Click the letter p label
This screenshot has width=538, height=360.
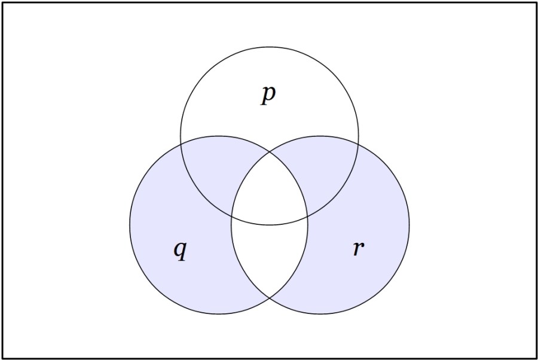tap(268, 95)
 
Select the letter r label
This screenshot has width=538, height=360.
tap(359, 248)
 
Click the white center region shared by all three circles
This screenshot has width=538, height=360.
tap(270, 194)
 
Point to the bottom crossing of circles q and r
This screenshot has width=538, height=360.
tap(270, 298)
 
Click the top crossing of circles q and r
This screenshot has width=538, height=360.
tap(270, 152)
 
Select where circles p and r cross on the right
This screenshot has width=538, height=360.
tap(358, 144)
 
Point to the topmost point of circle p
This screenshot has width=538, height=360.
tap(270, 47)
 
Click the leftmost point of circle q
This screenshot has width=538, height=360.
tap(130, 225)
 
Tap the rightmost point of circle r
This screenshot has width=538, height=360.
tap(409, 225)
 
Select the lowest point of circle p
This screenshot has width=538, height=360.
tap(270, 225)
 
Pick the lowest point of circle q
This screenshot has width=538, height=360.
tap(219, 314)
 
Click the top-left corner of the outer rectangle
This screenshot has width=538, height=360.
tap(3, 3)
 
